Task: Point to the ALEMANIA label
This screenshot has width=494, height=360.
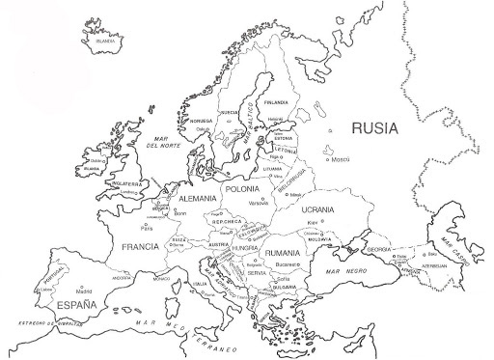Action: click(x=198, y=198)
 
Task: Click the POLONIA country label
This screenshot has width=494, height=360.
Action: click(x=243, y=190)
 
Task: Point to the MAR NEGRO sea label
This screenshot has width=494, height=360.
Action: click(x=345, y=272)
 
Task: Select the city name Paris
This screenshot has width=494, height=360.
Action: click(x=147, y=229)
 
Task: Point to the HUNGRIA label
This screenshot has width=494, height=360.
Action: click(x=244, y=248)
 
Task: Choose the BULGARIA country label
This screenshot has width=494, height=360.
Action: click(x=284, y=287)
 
